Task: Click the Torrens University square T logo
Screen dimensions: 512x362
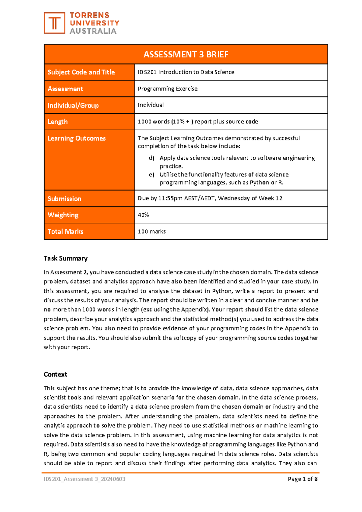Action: pos(54,23)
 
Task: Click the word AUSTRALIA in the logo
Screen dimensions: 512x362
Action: pos(93,31)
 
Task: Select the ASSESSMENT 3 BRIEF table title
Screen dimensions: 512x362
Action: pos(186,54)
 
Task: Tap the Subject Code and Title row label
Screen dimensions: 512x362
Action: pos(81,72)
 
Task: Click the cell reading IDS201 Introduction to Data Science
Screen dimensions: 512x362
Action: pos(186,72)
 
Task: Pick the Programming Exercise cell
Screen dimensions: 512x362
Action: pos(167,89)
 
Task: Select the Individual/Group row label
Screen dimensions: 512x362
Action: pos(73,105)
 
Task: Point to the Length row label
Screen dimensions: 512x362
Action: pos(58,122)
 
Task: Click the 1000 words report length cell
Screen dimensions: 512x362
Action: pos(198,122)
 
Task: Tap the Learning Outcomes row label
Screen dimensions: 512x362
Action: pos(77,138)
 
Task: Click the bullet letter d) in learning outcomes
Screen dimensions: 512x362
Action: pos(151,158)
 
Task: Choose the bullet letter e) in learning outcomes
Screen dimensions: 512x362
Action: pos(151,174)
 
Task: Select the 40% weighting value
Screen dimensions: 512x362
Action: pos(143,215)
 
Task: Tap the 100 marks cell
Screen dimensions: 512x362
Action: pos(151,232)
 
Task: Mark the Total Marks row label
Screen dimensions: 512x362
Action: pos(65,232)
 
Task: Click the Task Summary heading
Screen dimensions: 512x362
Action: pos(65,258)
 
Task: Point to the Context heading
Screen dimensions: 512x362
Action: pos(55,374)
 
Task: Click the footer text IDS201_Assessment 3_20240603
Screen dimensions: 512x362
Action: pos(84,479)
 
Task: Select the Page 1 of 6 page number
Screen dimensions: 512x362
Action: pos(303,479)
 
